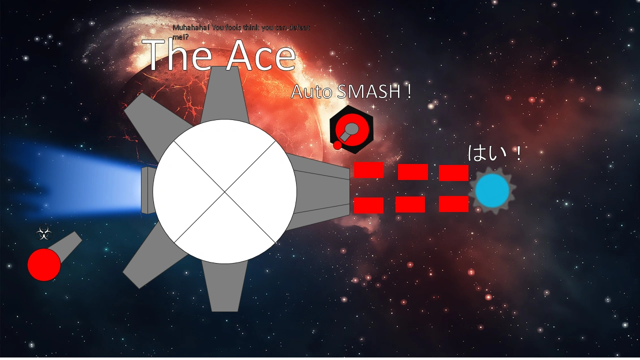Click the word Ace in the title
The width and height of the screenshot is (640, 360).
(260, 56)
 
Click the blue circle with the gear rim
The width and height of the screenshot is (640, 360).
(492, 190)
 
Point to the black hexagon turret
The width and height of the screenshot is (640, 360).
(351, 129)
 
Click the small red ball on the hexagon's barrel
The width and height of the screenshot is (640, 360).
(337, 145)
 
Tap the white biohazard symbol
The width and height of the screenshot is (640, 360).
(44, 233)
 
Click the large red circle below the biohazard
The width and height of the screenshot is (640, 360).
(44, 264)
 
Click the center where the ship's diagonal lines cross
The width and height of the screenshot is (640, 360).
(224, 191)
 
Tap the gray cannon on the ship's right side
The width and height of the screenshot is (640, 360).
(322, 191)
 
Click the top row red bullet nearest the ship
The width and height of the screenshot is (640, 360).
(368, 170)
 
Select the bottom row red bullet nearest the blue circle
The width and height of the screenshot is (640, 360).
(453, 204)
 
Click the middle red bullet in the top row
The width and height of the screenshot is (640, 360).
(413, 172)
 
